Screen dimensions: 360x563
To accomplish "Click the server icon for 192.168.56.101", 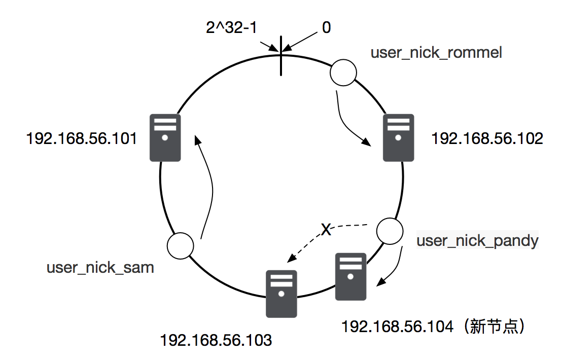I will (165, 137).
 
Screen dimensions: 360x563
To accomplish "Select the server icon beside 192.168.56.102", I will (398, 137).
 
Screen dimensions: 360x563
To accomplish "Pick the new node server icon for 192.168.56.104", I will (351, 277).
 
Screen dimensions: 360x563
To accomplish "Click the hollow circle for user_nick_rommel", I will (343, 73).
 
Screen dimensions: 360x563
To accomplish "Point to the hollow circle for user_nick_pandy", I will (391, 231).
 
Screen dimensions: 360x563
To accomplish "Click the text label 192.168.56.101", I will (82, 138).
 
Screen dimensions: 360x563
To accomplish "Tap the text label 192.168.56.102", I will (486, 138).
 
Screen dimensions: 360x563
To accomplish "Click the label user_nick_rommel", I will (436, 52).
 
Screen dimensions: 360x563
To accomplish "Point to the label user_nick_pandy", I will (477, 240).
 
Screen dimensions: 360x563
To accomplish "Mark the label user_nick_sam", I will (100, 267).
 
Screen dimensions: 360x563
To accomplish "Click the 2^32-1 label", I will (231, 28).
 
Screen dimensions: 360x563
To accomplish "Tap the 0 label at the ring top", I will (327, 28).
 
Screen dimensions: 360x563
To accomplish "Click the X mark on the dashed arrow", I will (327, 231).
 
